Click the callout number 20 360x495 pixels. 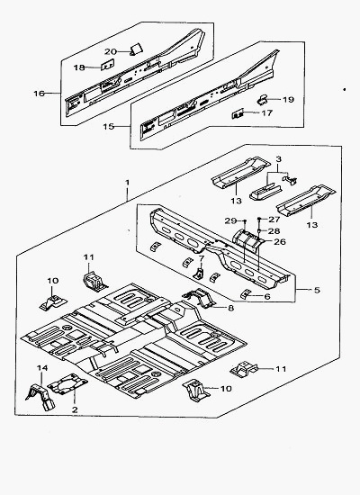(111, 51)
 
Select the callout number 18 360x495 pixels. (79, 67)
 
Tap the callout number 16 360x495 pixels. (40, 94)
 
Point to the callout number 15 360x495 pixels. (108, 127)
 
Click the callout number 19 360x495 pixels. (288, 100)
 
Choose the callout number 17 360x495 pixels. (266, 112)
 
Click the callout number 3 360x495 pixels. (278, 159)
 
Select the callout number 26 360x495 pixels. (280, 242)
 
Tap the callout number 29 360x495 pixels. (230, 221)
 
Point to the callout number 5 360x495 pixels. (317, 290)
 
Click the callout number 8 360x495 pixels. (230, 308)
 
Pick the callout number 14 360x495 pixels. (42, 368)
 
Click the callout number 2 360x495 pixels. (75, 409)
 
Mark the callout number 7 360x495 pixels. (202, 258)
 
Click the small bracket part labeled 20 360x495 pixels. (137, 49)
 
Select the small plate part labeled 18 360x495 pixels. (108, 65)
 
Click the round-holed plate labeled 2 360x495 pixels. (67, 383)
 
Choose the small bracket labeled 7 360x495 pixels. (199, 274)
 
